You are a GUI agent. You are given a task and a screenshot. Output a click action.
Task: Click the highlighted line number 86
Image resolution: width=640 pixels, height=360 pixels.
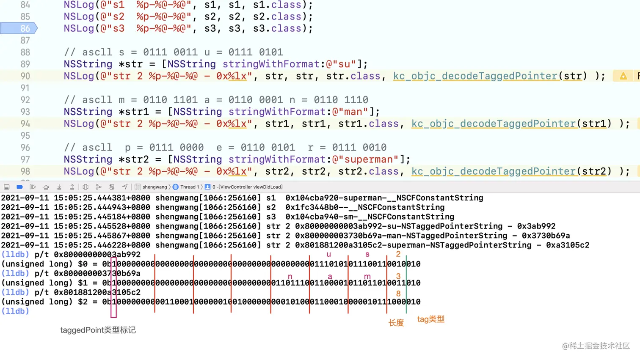(25, 28)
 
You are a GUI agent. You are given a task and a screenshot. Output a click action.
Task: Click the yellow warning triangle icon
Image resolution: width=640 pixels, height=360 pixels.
(623, 76)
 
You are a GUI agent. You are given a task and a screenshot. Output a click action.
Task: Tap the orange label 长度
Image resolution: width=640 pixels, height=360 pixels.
(396, 323)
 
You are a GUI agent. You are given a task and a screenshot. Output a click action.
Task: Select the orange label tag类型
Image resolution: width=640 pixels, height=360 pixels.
(430, 319)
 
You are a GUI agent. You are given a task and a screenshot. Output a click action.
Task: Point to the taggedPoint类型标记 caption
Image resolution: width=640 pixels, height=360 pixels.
(98, 330)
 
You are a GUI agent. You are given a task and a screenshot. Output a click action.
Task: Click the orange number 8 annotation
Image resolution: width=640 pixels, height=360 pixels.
(398, 293)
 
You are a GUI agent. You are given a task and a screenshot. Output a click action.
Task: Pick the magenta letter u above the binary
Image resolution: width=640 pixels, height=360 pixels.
(328, 254)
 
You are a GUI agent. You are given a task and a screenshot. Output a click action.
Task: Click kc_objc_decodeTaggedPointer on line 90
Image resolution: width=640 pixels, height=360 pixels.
(475, 76)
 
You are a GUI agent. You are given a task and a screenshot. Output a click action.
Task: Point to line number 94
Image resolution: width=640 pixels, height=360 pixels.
(25, 124)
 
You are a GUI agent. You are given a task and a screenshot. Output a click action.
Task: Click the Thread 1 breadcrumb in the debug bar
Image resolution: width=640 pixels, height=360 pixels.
(189, 187)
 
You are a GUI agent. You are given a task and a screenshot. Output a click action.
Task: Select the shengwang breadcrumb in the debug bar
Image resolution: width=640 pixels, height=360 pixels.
(154, 187)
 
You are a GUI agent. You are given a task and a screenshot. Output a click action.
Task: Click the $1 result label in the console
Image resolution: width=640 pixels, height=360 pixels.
(83, 283)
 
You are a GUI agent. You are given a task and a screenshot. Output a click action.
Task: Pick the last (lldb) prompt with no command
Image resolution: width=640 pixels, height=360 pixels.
(15, 311)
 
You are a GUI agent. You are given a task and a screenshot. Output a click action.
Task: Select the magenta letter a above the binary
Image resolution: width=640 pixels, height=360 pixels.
(330, 277)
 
